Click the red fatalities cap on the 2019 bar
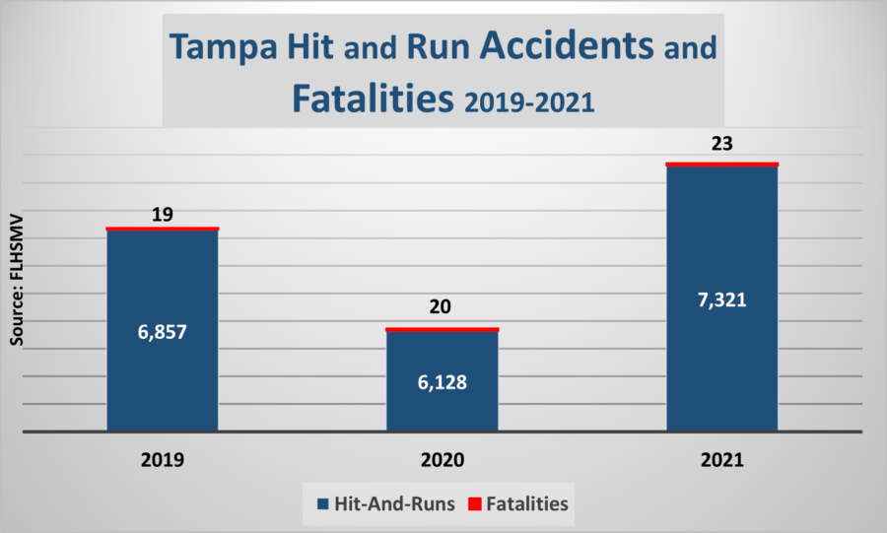tap(163, 229)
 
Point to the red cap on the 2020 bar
tap(442, 329)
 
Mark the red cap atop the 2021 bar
tap(722, 164)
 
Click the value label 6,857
tap(163, 332)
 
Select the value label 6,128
tap(442, 382)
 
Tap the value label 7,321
tap(722, 300)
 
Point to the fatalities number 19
tap(163, 213)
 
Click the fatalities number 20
tap(441, 307)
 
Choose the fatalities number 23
tap(722, 142)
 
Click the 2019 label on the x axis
tap(163, 460)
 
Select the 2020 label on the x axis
tap(442, 460)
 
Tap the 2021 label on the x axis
tap(722, 460)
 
